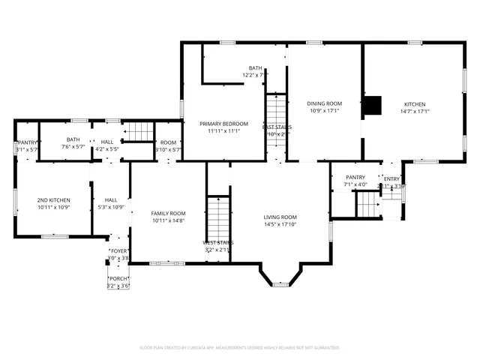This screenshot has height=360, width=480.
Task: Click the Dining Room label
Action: (x=324, y=103)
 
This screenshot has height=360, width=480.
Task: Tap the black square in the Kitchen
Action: (x=370, y=106)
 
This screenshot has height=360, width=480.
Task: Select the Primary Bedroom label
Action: (x=223, y=123)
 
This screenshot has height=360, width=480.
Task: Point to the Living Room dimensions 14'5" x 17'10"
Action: (x=280, y=224)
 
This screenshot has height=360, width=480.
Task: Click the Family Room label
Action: (x=169, y=213)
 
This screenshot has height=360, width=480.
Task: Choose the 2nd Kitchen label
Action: (x=54, y=200)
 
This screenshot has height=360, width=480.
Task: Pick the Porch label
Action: (x=118, y=279)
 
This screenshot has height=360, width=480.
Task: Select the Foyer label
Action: (x=118, y=251)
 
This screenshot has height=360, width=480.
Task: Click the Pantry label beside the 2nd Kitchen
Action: (x=27, y=142)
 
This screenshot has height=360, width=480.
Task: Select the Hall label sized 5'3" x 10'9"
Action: (x=111, y=200)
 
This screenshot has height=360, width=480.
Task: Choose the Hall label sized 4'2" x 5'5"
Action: (x=107, y=141)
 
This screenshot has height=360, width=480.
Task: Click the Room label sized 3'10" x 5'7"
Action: (x=168, y=142)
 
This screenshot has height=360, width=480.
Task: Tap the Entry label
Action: (x=391, y=178)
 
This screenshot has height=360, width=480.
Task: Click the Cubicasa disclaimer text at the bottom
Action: (x=240, y=348)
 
